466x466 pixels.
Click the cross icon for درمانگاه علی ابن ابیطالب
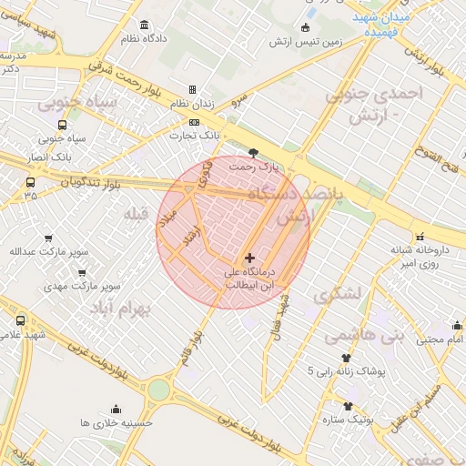(x=250, y=258)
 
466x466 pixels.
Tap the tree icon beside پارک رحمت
(x=253, y=154)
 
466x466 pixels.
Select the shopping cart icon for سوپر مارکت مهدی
(x=82, y=272)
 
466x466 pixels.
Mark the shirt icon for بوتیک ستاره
(x=347, y=406)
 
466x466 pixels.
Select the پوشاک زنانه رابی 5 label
(x=346, y=371)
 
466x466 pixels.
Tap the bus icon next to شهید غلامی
(x=21, y=320)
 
